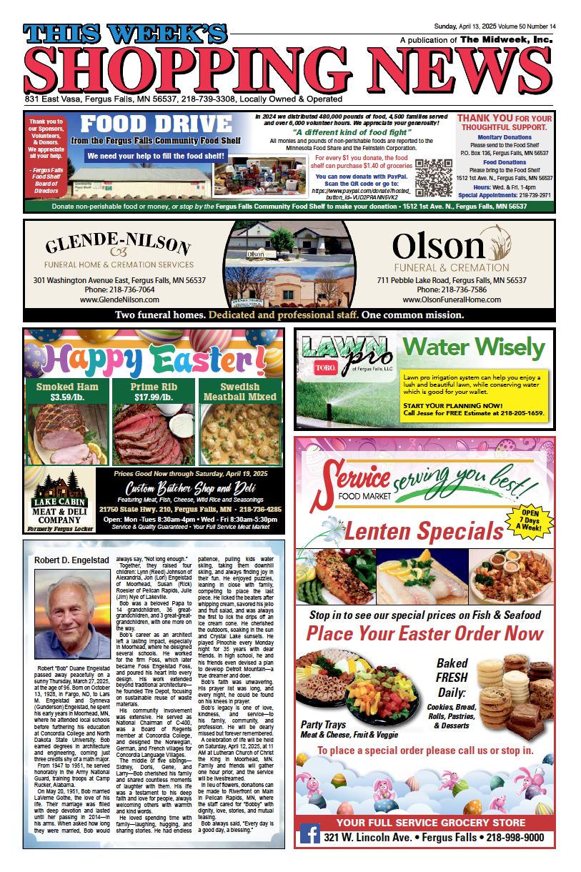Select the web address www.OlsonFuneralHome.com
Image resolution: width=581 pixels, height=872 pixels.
[x=452, y=300]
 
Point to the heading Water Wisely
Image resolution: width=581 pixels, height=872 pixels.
[x=472, y=347]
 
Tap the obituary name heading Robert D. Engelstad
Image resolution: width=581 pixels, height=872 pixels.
[x=72, y=560]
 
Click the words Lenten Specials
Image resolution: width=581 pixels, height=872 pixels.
[x=424, y=531]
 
